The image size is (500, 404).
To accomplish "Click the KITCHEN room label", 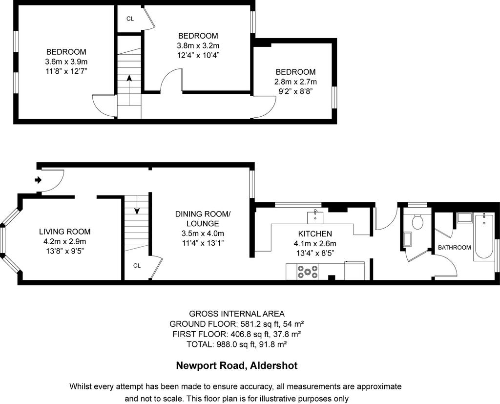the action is (x=315, y=234).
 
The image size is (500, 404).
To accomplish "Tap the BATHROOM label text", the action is (x=455, y=247).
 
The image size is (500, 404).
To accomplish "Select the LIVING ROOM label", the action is (x=65, y=232).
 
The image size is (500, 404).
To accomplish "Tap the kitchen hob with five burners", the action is (x=308, y=272).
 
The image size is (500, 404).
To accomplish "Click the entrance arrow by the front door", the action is (x=38, y=180).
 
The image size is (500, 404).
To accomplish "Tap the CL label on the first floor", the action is (x=130, y=19).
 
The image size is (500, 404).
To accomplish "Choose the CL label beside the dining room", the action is (x=137, y=265).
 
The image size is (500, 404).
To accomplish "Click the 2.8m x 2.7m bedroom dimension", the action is (x=295, y=82).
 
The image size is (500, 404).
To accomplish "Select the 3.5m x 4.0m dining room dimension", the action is (x=203, y=234).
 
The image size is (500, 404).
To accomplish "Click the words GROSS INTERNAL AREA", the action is (x=237, y=314).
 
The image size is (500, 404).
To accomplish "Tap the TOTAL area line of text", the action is (x=237, y=344).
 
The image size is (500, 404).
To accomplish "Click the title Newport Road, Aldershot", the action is (x=237, y=365).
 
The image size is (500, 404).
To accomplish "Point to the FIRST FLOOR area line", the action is (x=237, y=334).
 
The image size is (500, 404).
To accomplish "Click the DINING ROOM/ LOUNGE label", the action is (x=203, y=218).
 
